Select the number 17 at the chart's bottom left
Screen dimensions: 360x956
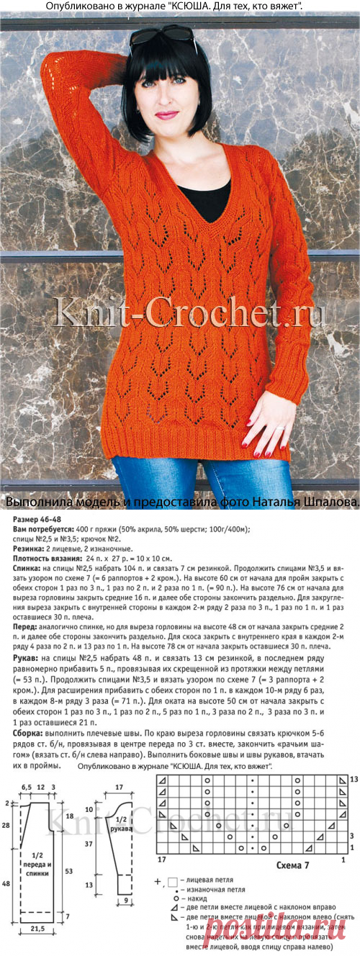pyautogui.click(x=161, y=860)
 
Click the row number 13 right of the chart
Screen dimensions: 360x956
pyautogui.click(x=353, y=780)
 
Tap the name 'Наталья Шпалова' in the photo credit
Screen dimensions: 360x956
pyautogui.click(x=311, y=500)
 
